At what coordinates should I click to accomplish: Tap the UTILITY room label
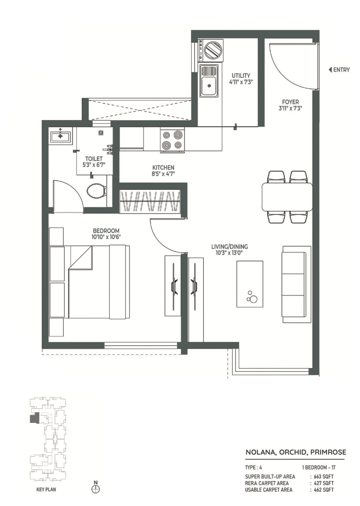tap(241, 76)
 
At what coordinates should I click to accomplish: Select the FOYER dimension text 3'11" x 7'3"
tap(290, 109)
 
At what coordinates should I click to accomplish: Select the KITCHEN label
tap(163, 168)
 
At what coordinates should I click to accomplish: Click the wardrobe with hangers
tap(150, 201)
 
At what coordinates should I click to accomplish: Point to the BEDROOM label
tap(106, 231)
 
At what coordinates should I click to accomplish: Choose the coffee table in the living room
tap(250, 284)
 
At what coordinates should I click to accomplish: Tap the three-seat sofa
tap(296, 284)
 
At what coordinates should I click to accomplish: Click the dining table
tap(287, 196)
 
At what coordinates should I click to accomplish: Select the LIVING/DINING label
tap(230, 246)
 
